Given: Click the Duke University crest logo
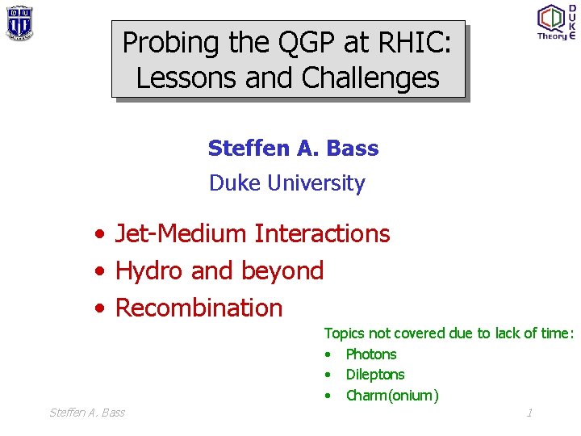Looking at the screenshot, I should [x=19, y=23].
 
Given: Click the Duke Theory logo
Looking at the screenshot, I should [x=555, y=22].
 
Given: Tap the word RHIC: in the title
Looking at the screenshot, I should [x=413, y=42].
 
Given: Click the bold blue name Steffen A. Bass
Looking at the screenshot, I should [x=293, y=149].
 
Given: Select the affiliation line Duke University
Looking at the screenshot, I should [x=286, y=183].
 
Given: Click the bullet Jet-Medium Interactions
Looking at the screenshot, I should [x=253, y=234].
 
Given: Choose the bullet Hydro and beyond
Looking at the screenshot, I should [x=219, y=270].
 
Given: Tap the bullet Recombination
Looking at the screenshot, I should [x=199, y=308].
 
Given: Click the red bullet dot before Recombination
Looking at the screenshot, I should [x=98, y=308].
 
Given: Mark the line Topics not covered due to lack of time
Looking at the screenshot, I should [x=449, y=333].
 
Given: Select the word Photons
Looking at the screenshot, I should [x=371, y=354].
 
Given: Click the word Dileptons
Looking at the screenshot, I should [x=375, y=375].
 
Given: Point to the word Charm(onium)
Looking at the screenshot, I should [x=392, y=395].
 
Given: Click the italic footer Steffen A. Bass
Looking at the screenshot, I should [x=87, y=413].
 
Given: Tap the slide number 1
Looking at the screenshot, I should [x=529, y=413].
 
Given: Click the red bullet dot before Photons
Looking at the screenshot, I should [x=329, y=354].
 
